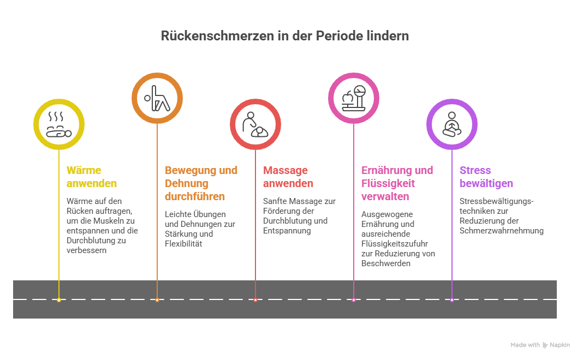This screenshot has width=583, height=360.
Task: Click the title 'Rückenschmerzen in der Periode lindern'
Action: [x=284, y=36]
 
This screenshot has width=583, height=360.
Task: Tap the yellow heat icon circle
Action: [x=58, y=124]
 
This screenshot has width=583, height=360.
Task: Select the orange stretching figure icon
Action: [x=157, y=98]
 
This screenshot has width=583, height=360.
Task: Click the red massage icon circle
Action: [x=255, y=124]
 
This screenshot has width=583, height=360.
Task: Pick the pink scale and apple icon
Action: [x=353, y=98]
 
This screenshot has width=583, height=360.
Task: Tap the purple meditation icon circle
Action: [x=451, y=124]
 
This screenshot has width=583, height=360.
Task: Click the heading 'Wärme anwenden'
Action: [x=91, y=177]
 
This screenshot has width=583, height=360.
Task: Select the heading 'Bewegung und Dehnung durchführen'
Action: [x=201, y=183]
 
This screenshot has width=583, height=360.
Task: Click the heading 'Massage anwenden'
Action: [x=288, y=177]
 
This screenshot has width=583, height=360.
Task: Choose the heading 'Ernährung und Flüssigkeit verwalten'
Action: [x=397, y=183]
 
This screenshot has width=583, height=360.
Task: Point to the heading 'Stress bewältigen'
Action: [x=486, y=177]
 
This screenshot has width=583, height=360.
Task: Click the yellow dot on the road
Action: [x=59, y=299]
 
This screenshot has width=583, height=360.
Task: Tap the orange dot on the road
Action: [x=157, y=299]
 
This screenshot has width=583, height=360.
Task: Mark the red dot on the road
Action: [x=255, y=299]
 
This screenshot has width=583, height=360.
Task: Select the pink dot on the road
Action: [x=354, y=299]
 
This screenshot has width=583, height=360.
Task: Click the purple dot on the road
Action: [x=452, y=299]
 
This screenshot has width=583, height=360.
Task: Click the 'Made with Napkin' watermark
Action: [x=540, y=345]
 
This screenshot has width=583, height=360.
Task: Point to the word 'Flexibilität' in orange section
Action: [x=183, y=244]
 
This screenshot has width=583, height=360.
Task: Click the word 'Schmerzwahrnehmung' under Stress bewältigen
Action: [x=501, y=231]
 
